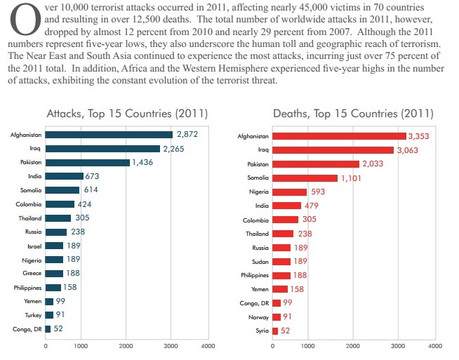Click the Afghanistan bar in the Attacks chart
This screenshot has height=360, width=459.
click(x=109, y=134)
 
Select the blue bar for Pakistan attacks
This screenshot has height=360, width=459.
click(x=88, y=162)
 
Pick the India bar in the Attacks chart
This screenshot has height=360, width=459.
click(x=64, y=176)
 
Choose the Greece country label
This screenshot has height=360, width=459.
click(x=32, y=273)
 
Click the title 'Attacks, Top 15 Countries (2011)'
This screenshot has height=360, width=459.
click(x=126, y=113)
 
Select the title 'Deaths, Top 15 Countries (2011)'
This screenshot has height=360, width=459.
click(x=353, y=113)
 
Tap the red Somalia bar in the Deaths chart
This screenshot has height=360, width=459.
click(x=305, y=178)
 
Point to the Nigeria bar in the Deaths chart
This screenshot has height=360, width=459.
click(x=290, y=192)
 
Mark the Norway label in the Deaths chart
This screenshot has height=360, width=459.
click(x=259, y=316)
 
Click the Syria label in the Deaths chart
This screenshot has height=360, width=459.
click(x=261, y=331)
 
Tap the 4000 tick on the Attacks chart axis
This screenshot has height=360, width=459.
click(x=207, y=346)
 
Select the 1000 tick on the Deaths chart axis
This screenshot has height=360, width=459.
click(x=307, y=346)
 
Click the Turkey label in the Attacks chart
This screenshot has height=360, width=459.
click(x=32, y=315)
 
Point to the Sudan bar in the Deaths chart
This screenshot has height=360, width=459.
click(x=281, y=261)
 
